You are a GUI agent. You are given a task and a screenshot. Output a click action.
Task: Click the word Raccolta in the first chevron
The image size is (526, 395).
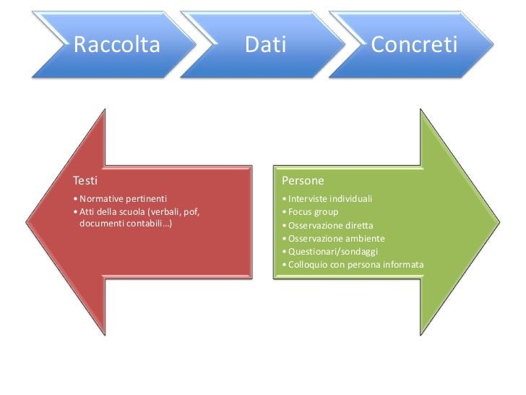[x=116, y=46]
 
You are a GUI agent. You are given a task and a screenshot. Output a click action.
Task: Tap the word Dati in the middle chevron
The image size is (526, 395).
[x=265, y=46]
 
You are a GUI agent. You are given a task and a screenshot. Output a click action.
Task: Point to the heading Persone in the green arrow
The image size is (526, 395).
[x=303, y=180]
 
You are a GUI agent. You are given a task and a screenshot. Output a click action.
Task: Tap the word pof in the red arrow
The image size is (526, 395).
[x=191, y=211]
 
